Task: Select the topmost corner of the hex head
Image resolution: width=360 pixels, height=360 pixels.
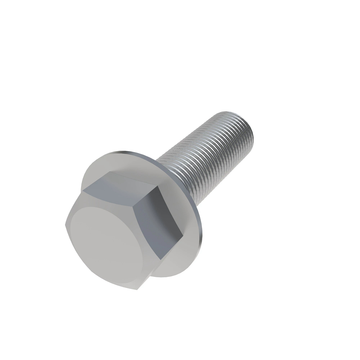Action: tap(110, 172)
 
